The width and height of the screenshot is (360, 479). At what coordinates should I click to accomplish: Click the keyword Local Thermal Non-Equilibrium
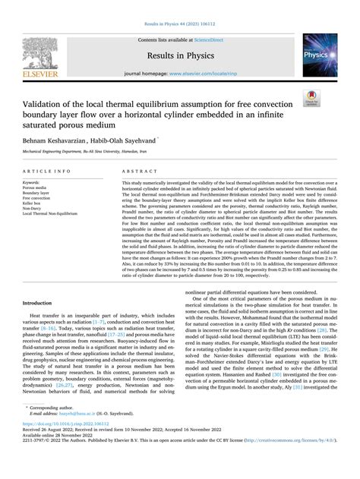55,214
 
